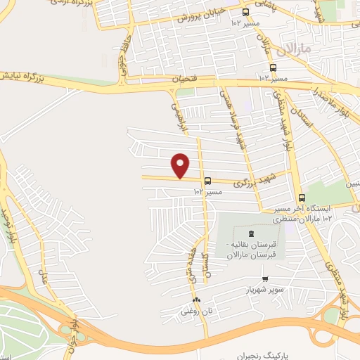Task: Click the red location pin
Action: click(181, 165)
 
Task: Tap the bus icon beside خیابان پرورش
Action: click(245, 12)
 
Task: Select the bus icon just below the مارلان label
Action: click(273, 68)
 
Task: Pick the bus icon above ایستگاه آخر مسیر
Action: click(302, 198)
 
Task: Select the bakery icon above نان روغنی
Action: click(196, 300)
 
